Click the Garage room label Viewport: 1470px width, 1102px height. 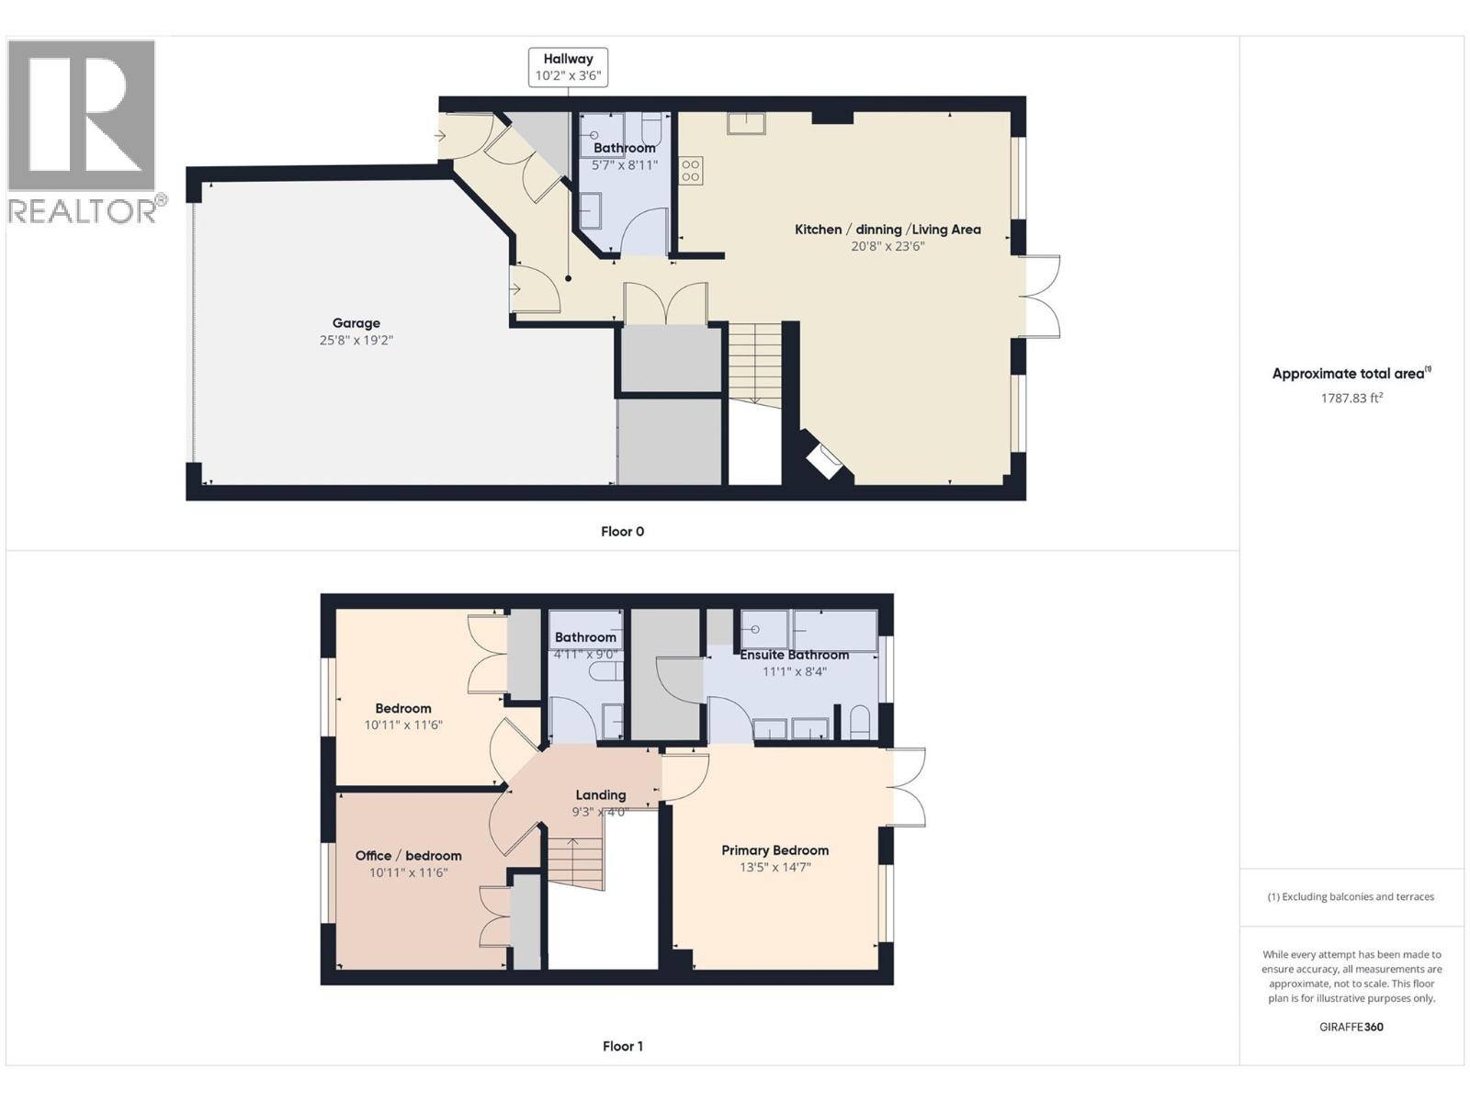point(356,323)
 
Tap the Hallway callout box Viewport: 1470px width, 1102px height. point(568,67)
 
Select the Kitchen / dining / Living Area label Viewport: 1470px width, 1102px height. point(888,230)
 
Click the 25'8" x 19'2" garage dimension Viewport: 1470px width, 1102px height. point(356,340)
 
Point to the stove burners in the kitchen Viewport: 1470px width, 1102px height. point(691,171)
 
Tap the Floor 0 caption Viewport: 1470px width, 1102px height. point(622,532)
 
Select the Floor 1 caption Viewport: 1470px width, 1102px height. point(622,1046)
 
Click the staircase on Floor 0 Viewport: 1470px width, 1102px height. point(754,363)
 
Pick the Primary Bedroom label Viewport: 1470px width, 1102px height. point(775,850)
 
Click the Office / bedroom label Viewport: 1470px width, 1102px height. point(408,856)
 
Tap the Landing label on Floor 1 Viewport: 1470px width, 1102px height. point(600,795)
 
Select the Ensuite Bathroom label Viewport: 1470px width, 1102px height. point(794,655)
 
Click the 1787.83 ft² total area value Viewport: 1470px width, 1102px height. point(1351,398)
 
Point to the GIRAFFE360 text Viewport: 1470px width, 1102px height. point(1351,1027)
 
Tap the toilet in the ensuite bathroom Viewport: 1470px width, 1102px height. point(860,723)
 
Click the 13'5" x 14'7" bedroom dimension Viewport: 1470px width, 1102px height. point(775,867)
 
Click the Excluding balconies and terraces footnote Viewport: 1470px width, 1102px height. point(1351,896)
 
